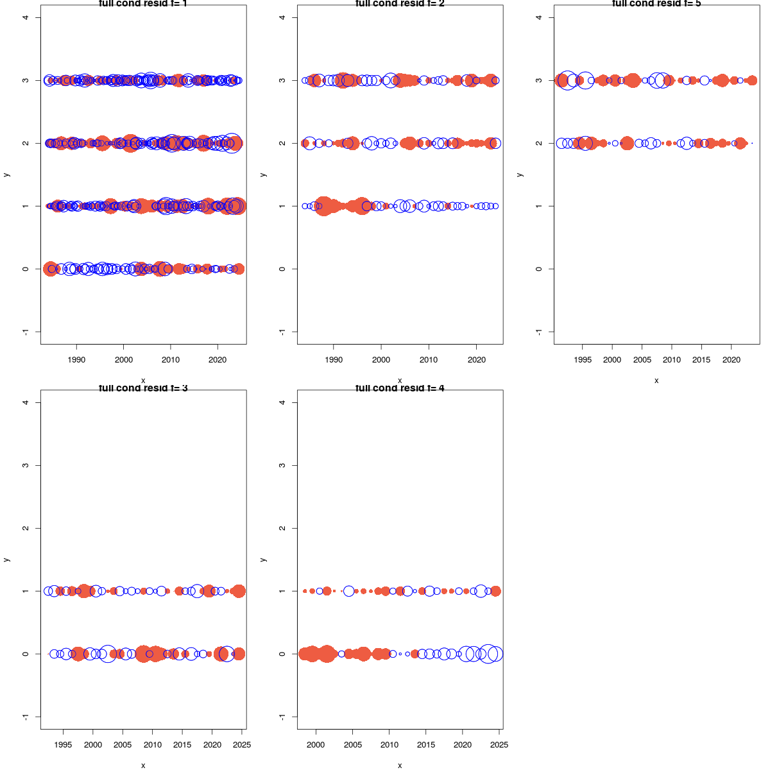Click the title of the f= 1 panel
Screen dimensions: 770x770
click(x=143, y=3)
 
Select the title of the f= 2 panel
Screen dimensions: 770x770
click(x=400, y=3)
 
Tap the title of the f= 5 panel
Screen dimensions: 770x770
click(x=656, y=3)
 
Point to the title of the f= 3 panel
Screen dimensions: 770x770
click(x=143, y=388)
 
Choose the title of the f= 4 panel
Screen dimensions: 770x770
click(x=400, y=388)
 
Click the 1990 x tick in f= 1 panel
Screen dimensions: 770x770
click(x=76, y=360)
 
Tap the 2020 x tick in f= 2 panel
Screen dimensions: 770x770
click(x=476, y=360)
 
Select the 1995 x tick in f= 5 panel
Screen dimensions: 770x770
click(x=582, y=360)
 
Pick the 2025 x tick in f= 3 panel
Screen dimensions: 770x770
click(x=242, y=745)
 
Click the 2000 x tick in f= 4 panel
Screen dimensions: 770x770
click(x=316, y=745)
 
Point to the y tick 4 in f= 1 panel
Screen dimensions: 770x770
click(x=25, y=17)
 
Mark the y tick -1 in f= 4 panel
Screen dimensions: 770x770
click(x=282, y=717)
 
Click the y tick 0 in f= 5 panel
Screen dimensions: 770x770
click(x=539, y=269)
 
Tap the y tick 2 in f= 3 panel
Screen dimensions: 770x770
click(x=25, y=528)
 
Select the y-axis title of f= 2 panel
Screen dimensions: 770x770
click(x=263, y=175)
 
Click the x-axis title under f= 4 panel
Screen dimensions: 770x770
click(x=400, y=765)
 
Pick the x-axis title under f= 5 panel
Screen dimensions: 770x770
click(x=656, y=380)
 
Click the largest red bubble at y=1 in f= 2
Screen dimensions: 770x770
click(x=324, y=206)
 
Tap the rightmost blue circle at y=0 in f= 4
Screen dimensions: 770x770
click(x=495, y=654)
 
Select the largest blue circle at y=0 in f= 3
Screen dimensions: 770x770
click(x=108, y=654)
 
